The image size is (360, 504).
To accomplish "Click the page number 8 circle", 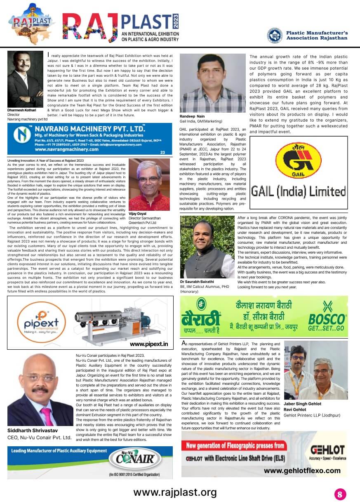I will point(340,494).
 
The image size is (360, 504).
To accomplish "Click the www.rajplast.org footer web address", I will point(175,492).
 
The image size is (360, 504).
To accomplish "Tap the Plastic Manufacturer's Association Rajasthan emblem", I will point(275,35).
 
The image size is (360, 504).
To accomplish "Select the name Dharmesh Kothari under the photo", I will point(21,111).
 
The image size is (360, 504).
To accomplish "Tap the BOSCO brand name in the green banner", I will point(326,319).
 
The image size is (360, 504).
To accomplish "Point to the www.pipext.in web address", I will point(149,344).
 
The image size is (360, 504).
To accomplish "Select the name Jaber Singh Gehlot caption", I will point(303,404).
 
